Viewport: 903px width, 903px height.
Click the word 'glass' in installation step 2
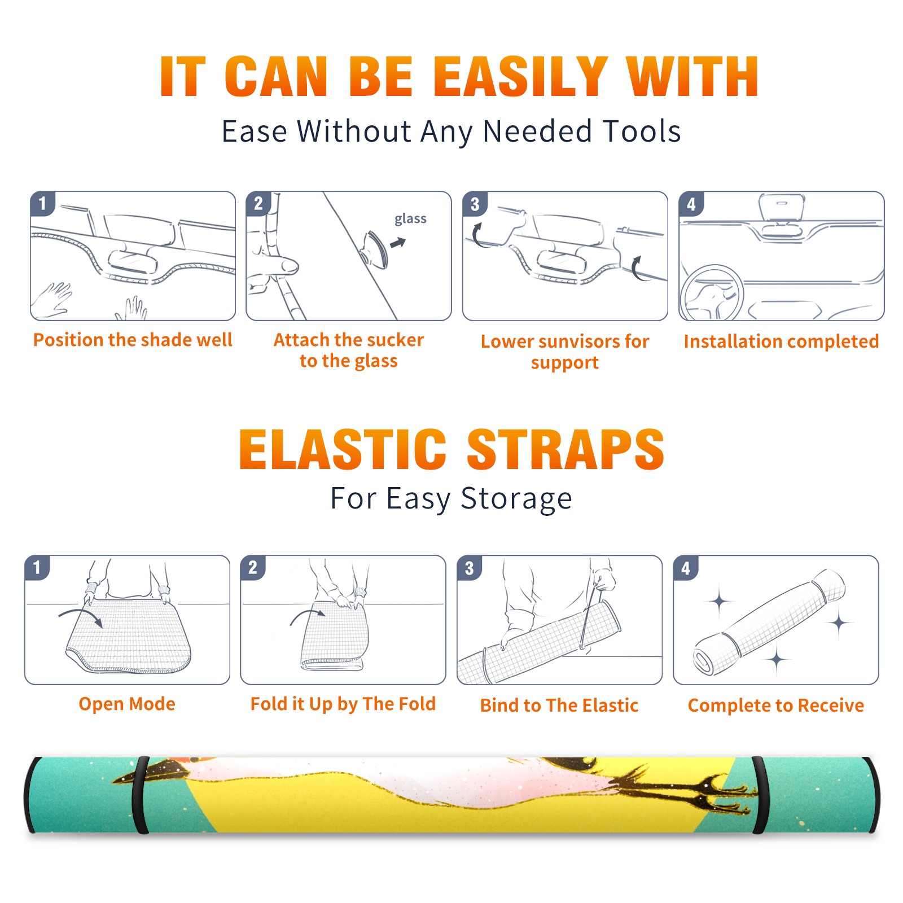pos(410,219)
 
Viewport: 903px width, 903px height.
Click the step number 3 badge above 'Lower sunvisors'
pos(475,204)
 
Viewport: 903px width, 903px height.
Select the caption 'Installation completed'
pos(781,341)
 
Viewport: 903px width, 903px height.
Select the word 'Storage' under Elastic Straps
pos(516,499)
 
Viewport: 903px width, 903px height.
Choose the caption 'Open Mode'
pos(127,704)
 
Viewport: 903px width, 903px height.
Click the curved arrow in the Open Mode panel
pos(81,616)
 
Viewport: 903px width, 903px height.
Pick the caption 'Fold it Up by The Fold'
pos(343,704)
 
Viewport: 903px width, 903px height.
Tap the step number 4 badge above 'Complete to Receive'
pos(686,568)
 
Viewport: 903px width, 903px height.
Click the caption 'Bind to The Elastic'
pos(559,705)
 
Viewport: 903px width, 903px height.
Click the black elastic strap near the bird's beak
pos(140,795)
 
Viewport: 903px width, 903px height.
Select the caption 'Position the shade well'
pos(133,340)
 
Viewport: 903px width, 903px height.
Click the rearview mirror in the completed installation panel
pos(781,208)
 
